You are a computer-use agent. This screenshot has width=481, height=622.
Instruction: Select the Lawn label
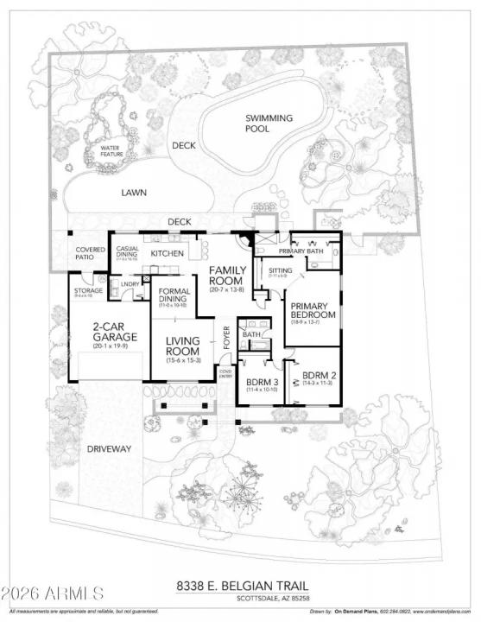tap(132, 194)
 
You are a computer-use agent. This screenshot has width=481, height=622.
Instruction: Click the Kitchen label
tap(168, 254)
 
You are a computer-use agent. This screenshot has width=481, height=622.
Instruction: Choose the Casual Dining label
tap(129, 252)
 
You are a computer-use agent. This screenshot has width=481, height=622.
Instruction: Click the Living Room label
tap(183, 346)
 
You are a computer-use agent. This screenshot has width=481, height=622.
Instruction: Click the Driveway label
tap(109, 449)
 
